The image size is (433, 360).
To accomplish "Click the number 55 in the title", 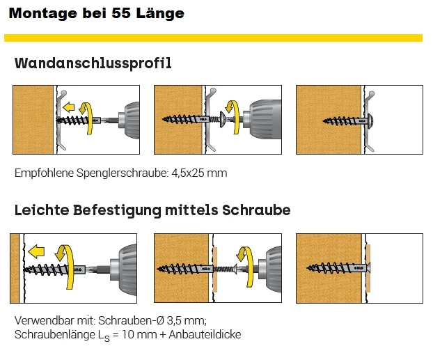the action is pyautogui.click(x=121, y=13).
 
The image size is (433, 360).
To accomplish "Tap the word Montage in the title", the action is pyautogui.click(x=42, y=14).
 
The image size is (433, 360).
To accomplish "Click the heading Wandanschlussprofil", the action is pyautogui.click(x=93, y=63).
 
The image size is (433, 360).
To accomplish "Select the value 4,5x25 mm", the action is pyautogui.click(x=199, y=173).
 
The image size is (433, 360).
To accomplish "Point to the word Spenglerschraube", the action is pyautogui.click(x=123, y=173).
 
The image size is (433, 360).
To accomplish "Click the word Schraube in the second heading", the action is pyautogui.click(x=256, y=210).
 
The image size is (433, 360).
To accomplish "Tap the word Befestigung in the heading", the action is pyautogui.click(x=118, y=210).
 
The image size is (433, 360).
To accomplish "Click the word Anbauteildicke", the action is pyautogui.click(x=205, y=334).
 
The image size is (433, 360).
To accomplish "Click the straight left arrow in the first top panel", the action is pyautogui.click(x=68, y=107).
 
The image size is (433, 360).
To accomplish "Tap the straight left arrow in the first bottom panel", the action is pyautogui.click(x=36, y=251).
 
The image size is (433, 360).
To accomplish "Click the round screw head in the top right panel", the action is pyautogui.click(x=370, y=121).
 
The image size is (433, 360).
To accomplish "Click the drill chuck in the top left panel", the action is pyautogui.click(x=129, y=120).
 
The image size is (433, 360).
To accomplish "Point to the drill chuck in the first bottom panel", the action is pyautogui.click(x=123, y=269).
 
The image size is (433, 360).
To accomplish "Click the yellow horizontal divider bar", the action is pyautogui.click(x=213, y=38).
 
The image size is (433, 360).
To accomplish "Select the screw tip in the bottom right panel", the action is pyautogui.click(x=308, y=267).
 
